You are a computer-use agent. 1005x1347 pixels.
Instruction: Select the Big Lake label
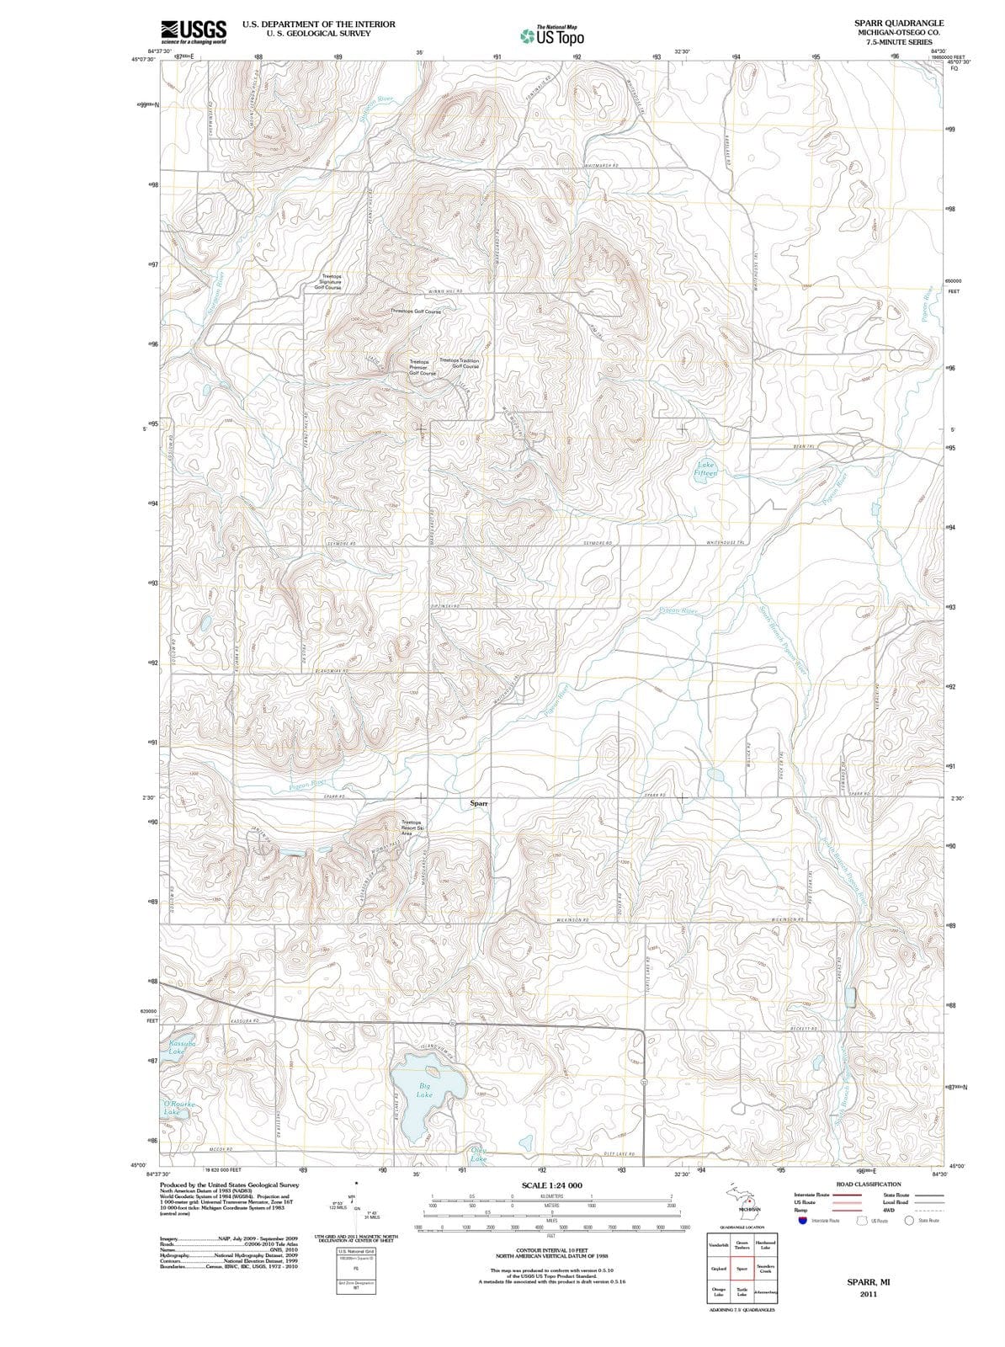coord(426,1091)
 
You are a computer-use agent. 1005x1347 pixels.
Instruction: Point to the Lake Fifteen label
coord(705,469)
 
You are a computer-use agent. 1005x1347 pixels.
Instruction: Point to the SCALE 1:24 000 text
coord(552,1185)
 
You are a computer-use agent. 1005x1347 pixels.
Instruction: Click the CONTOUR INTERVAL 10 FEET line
coord(552,1251)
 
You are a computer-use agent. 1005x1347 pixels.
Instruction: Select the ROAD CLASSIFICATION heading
coord(869,1184)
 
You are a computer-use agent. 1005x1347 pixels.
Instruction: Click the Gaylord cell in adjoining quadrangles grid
coord(719,1269)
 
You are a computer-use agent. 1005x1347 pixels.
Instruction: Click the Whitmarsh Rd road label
coord(602,166)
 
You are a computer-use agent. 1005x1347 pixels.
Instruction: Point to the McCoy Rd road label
coord(221,1149)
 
